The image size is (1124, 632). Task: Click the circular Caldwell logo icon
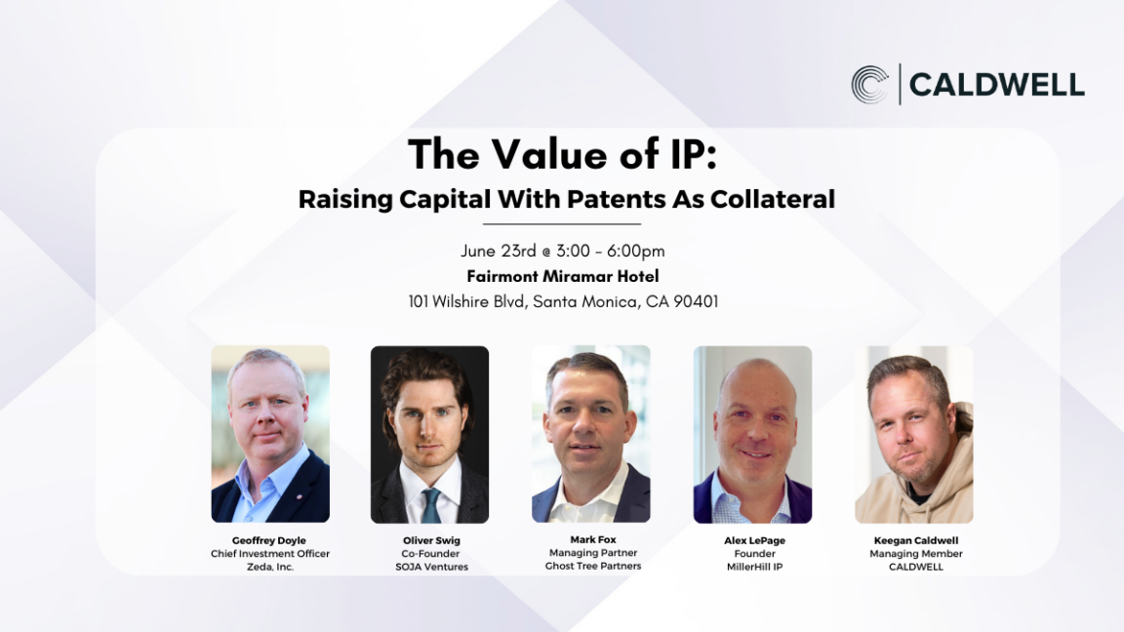869,85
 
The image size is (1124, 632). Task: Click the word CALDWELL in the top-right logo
996,85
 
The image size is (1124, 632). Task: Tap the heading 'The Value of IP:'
562,154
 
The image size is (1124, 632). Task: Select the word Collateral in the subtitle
773,199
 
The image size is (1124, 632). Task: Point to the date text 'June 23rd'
499,251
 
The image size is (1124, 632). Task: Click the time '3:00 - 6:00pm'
611,251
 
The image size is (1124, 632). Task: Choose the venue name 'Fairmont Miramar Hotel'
563,276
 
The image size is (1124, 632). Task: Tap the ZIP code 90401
696,301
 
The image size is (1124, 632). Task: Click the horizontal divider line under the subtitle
562,224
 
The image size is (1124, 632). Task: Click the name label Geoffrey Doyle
269,540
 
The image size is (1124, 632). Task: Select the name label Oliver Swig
431,540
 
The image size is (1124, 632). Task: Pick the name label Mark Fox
593,539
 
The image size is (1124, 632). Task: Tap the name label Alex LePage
755,540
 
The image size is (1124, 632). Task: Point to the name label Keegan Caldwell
916,540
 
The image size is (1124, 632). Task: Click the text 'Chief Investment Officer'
270,553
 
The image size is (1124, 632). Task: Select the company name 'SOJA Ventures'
431,566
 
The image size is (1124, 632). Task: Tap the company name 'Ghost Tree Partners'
593,566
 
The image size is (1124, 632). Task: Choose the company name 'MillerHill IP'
755,566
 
